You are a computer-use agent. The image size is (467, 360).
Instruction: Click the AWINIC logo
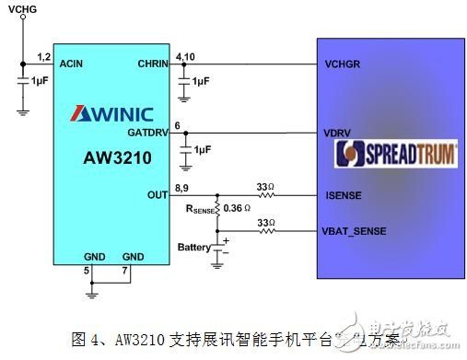(x=111, y=113)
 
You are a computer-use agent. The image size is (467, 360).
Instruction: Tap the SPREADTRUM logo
(x=396, y=154)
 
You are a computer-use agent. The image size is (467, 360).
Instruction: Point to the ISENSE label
(x=343, y=194)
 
